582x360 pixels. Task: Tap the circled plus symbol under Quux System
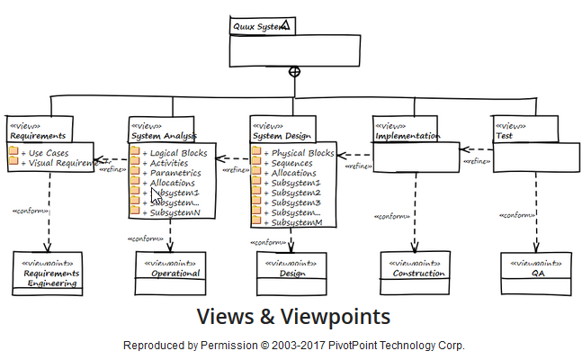point(293,71)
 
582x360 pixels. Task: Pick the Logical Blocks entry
point(178,153)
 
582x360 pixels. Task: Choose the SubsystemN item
point(174,212)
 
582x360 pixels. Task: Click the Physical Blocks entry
point(302,153)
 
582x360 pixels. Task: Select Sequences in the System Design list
point(295,163)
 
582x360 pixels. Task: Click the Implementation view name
point(407,136)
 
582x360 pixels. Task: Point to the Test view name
point(504,136)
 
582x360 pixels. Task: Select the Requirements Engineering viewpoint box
point(50,274)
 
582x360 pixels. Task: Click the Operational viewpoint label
point(175,274)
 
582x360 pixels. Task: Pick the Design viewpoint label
point(292,274)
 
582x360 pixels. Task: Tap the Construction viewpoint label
point(418,274)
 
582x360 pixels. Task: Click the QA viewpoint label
point(537,274)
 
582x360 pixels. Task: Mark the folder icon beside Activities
point(135,163)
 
